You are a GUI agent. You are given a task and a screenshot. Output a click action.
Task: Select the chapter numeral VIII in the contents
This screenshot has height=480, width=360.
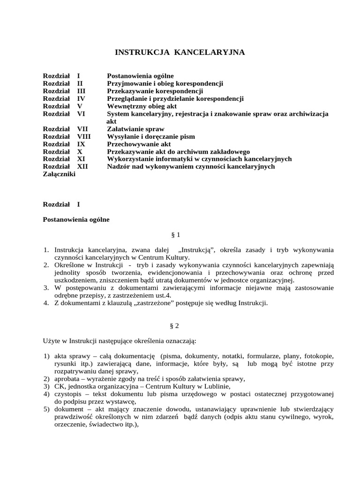coord(83,136)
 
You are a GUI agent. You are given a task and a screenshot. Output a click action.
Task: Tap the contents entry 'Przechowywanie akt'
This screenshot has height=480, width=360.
coord(139,144)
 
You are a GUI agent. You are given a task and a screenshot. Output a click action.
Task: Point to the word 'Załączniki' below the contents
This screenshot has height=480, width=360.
coord(59,174)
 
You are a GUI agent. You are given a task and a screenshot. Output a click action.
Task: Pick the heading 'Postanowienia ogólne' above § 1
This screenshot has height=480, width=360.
coord(76,219)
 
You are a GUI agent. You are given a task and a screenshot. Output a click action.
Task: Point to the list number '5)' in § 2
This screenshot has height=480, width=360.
coord(46,409)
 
